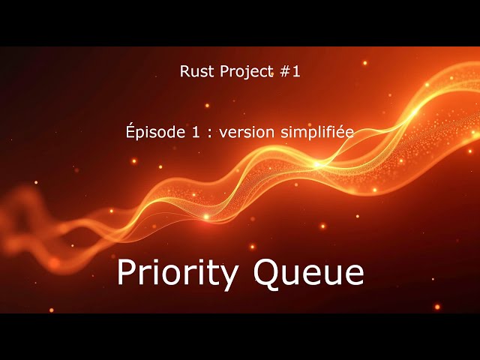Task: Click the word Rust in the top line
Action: tap(194, 72)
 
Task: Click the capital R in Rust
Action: tap(184, 72)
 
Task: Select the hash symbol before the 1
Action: tap(284, 72)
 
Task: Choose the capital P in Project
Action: tap(223, 72)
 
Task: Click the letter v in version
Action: tap(223, 133)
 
